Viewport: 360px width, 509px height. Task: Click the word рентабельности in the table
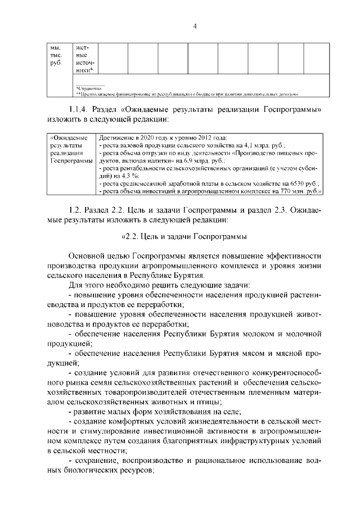coord(137,168)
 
